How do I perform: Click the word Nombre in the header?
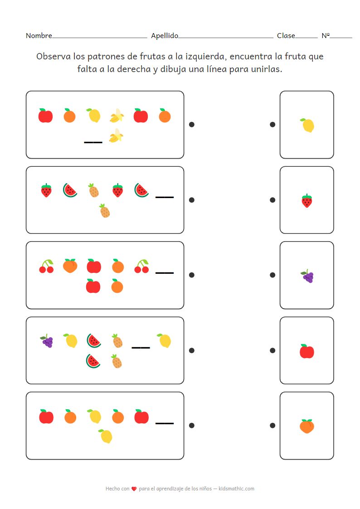pos(39,36)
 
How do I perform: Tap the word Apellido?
pos(164,36)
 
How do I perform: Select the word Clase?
pos(286,36)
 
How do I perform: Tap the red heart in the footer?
pos(134,489)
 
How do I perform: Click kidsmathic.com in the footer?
pos(236,489)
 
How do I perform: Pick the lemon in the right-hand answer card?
pos(307,125)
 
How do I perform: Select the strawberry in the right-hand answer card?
pos(307,201)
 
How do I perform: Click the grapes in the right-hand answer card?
pos(307,276)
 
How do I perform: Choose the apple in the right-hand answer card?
pos(307,351)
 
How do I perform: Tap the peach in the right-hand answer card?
pos(307,426)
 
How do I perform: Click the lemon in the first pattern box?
pos(93,115)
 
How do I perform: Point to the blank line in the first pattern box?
pos(93,142)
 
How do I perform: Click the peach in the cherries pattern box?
pos(70,266)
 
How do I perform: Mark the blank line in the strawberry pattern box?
pos(165,197)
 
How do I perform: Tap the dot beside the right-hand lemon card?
pos(272,124)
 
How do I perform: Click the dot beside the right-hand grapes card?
pos(272,275)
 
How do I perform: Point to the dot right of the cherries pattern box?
pos(192,275)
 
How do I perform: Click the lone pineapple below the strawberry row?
pos(105,211)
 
